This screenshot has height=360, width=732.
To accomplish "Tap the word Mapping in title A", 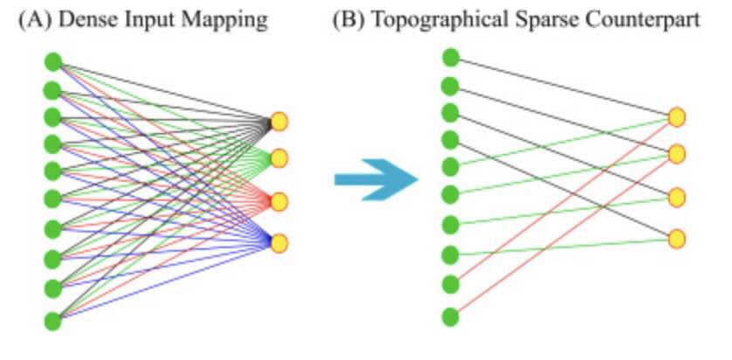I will coord(228,20).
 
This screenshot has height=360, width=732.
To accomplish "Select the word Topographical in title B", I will coord(426,20).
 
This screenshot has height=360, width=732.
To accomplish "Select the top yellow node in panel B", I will coord(677,116).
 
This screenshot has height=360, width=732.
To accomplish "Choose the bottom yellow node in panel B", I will coord(677,238).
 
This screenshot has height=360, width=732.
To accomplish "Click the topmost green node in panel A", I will coord(52,62).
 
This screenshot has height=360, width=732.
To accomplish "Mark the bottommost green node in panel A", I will coord(52,320).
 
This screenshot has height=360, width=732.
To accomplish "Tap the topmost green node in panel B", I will coord(451,58).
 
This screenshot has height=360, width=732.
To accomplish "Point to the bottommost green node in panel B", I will coord(451,316).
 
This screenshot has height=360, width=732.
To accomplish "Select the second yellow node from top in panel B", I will coord(677,154).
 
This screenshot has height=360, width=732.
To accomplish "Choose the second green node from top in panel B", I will coord(451,86).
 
